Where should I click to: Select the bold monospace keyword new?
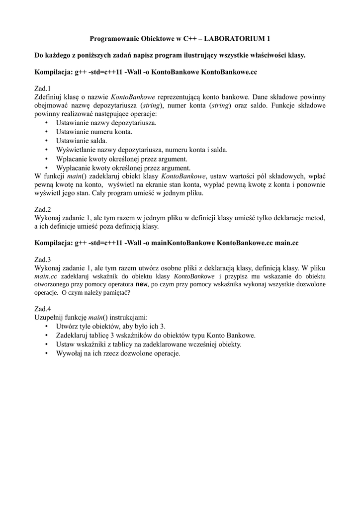pyautogui.click(x=142, y=284)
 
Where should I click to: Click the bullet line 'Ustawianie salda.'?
pyautogui.click(x=82, y=141)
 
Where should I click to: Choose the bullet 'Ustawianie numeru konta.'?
pyautogui.click(x=94, y=132)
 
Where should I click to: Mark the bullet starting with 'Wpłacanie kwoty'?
pyautogui.click(x=121, y=159)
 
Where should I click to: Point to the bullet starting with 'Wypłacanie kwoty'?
pyautogui.click(x=123, y=168)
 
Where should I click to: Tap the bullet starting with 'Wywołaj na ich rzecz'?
pyautogui.click(x=118, y=353)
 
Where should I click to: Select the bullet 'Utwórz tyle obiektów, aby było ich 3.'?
pyautogui.click(x=110, y=326)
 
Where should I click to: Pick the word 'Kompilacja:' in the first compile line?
pyautogui.click(x=53, y=72)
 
